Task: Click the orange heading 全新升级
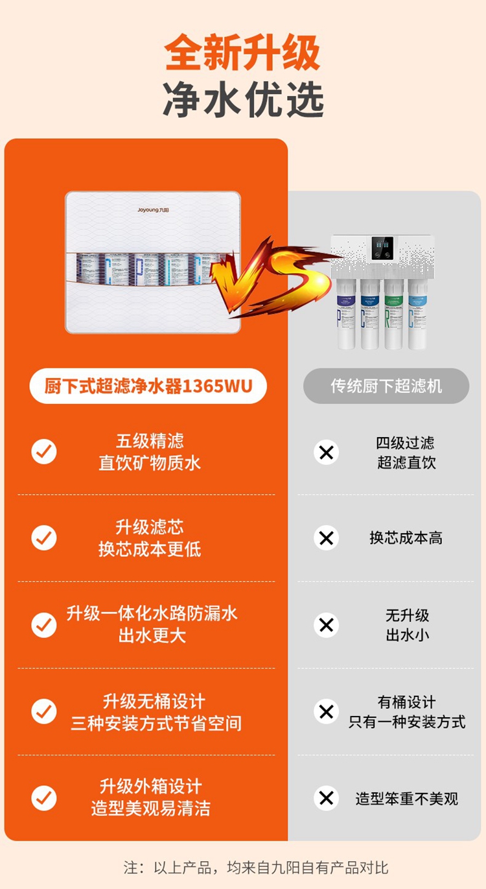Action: click(x=242, y=53)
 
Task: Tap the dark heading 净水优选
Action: click(x=242, y=100)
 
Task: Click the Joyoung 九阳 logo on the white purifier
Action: click(x=153, y=210)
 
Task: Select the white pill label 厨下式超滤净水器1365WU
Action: click(x=148, y=386)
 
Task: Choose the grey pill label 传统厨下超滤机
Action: click(x=386, y=386)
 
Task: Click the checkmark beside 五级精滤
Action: click(x=44, y=451)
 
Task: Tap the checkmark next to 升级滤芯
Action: click(x=44, y=538)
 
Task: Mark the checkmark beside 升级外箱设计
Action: click(x=44, y=798)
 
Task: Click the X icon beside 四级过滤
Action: click(x=326, y=452)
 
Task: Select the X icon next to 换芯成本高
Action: click(x=326, y=538)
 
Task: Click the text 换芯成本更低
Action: click(x=150, y=549)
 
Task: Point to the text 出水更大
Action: click(x=152, y=635)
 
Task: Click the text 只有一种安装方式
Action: click(x=407, y=722)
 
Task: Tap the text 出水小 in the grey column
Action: click(x=407, y=635)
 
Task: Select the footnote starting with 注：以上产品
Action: click(x=256, y=867)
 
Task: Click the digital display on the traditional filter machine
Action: click(x=382, y=248)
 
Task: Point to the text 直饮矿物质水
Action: click(x=150, y=463)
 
